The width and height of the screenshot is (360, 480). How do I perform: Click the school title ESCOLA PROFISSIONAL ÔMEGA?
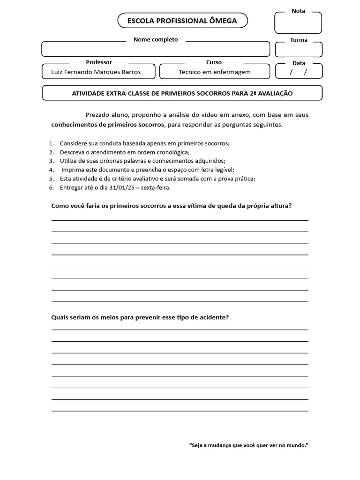(x=182, y=21)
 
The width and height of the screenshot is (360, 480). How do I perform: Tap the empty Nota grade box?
(x=298, y=24)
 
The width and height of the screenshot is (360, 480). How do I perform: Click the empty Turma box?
(x=299, y=50)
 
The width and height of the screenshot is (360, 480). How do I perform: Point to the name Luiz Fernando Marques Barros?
(x=96, y=72)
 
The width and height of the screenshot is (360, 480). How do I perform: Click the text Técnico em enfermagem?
(x=215, y=72)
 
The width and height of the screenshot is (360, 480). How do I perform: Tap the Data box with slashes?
(x=299, y=72)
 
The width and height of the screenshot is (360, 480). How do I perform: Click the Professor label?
(x=99, y=62)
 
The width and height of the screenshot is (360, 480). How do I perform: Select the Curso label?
(x=214, y=62)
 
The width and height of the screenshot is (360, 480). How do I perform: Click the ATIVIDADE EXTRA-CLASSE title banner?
(x=182, y=93)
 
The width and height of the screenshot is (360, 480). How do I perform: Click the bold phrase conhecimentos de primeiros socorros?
(x=108, y=125)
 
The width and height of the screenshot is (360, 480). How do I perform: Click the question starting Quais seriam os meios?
(x=140, y=317)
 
